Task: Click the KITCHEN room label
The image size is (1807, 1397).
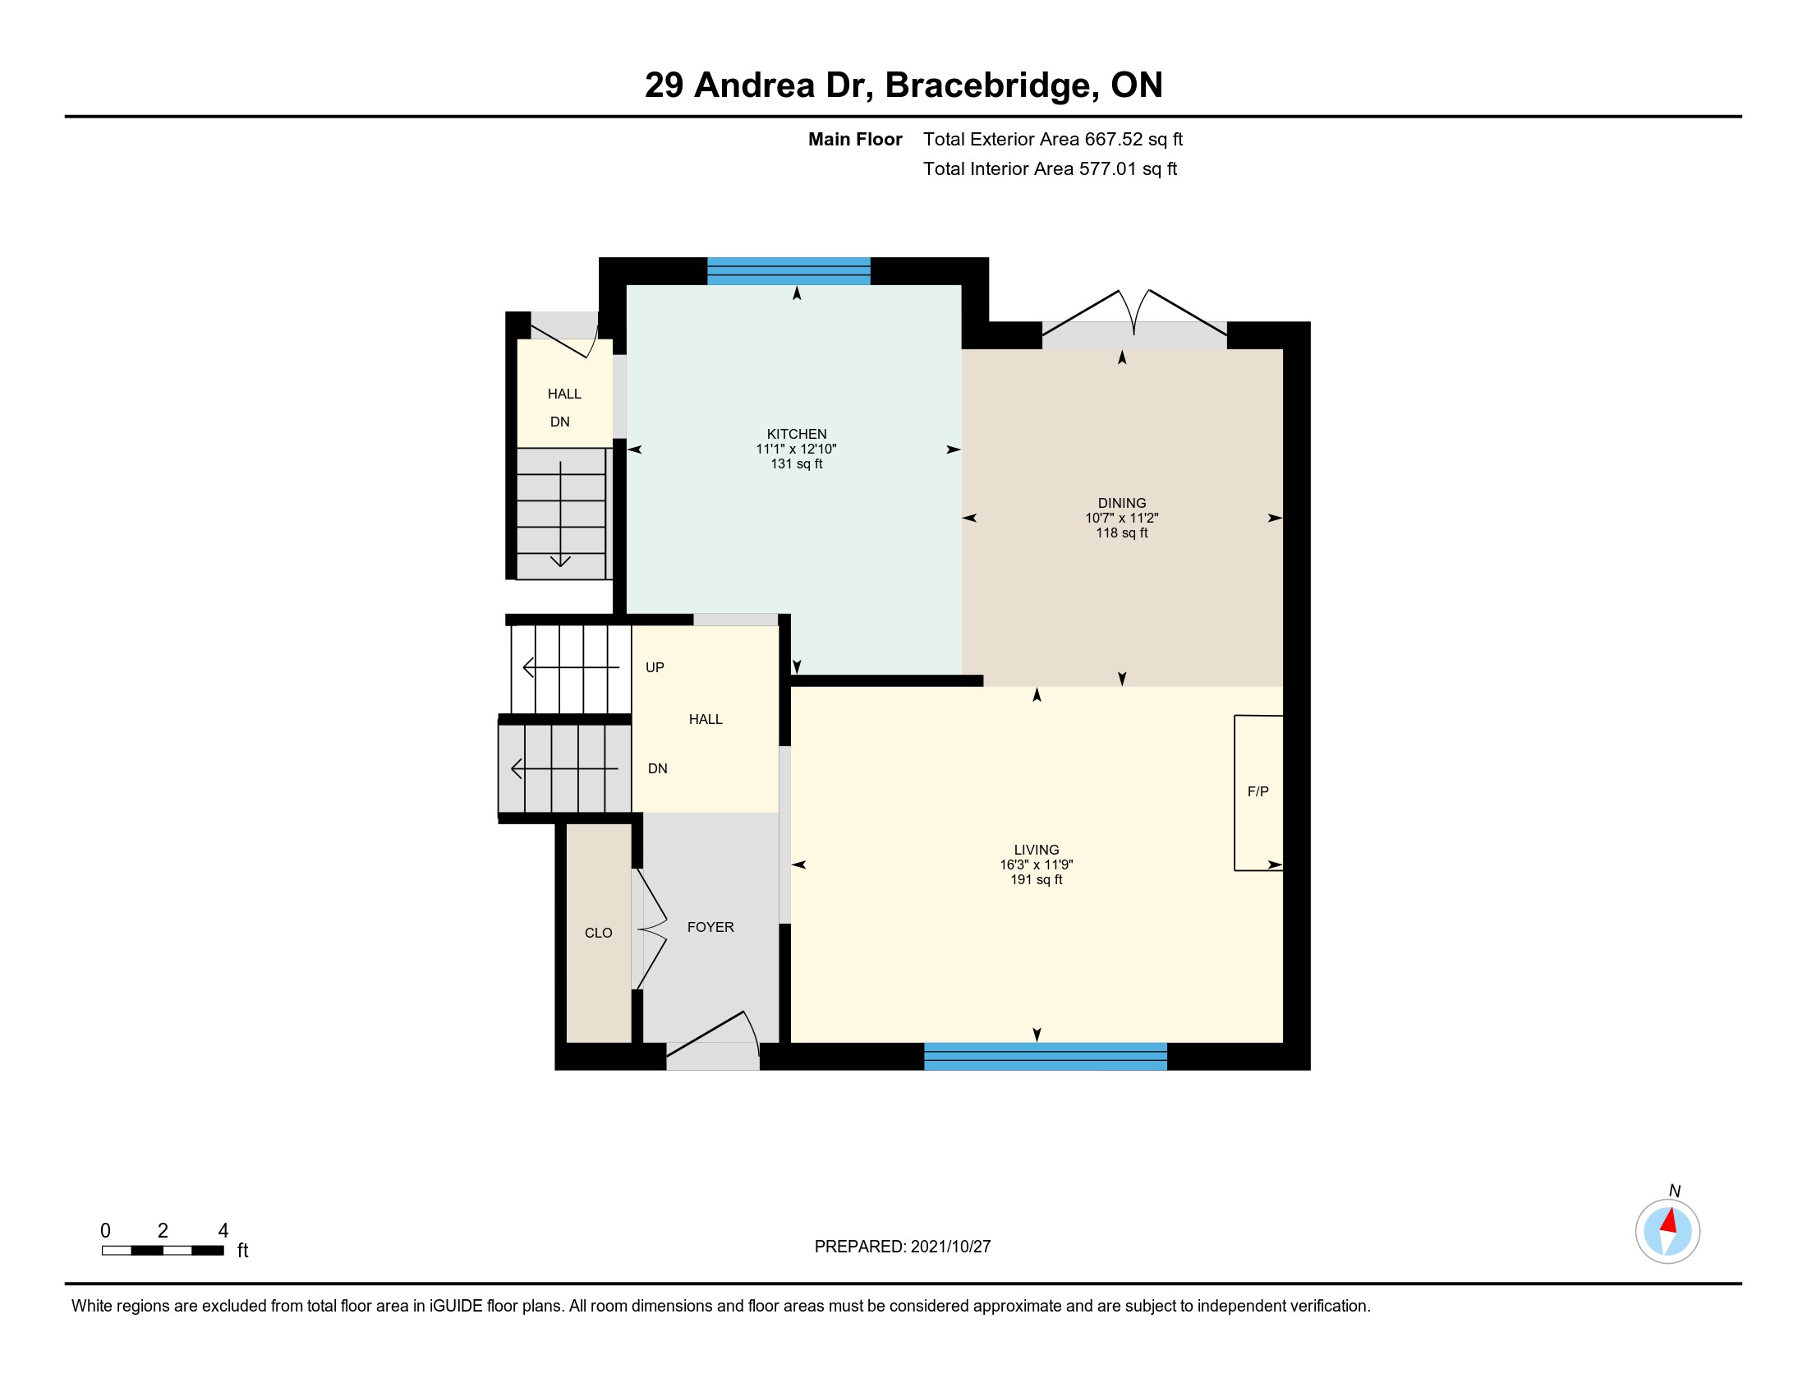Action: click(x=797, y=434)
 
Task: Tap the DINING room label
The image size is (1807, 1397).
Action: click(x=1122, y=503)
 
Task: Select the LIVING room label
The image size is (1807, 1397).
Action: click(x=1037, y=850)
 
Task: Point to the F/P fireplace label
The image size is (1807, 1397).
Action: click(x=1258, y=791)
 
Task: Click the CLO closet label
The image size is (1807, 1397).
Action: click(x=598, y=933)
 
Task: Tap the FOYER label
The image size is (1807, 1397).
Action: click(x=710, y=927)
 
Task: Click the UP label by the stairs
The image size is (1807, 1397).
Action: click(x=655, y=667)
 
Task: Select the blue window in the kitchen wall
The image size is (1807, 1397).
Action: click(x=789, y=271)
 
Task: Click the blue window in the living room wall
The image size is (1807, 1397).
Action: click(x=1045, y=1057)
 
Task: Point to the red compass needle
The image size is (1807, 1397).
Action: click(x=1669, y=1221)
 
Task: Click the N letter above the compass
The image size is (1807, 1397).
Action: click(x=1675, y=1191)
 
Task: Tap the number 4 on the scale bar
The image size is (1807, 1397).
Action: click(x=223, y=1231)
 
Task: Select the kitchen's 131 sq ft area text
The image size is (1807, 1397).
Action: click(x=797, y=463)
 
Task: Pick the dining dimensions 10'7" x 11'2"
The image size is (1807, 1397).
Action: click(x=1122, y=518)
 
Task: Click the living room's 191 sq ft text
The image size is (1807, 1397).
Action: click(x=1037, y=880)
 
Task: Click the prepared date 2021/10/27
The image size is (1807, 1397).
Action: click(x=950, y=1247)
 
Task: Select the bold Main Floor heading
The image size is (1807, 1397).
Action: click(x=855, y=139)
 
